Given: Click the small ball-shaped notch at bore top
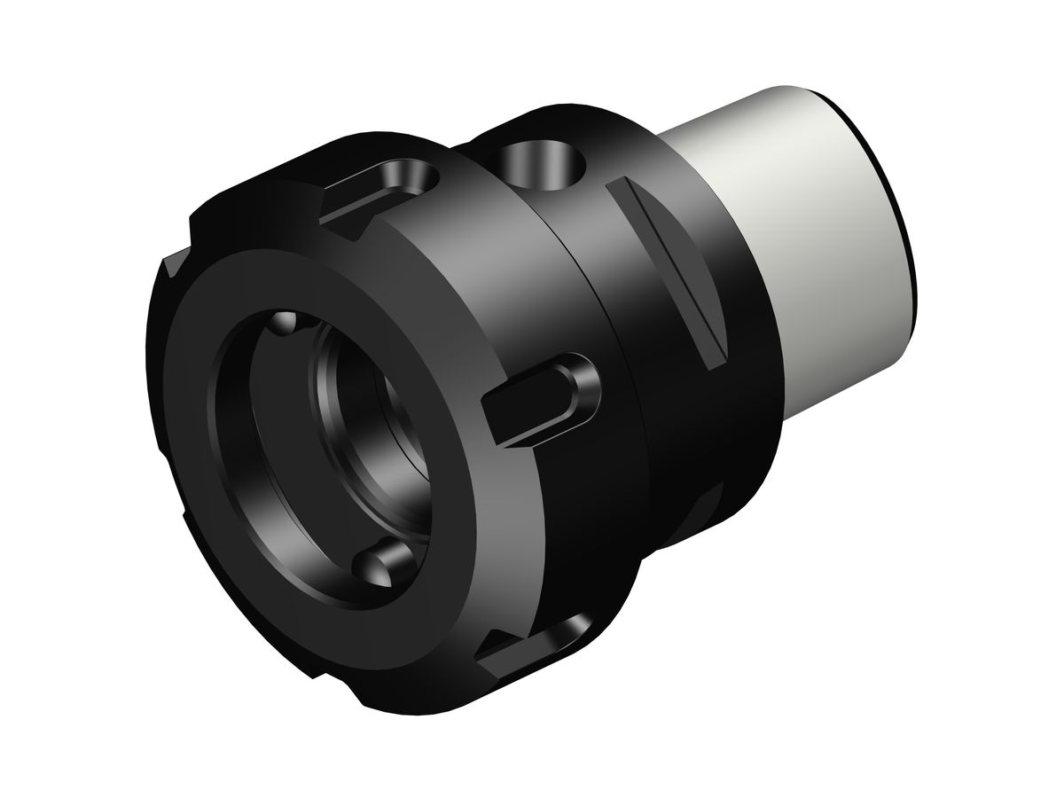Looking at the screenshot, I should (x=283, y=323).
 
